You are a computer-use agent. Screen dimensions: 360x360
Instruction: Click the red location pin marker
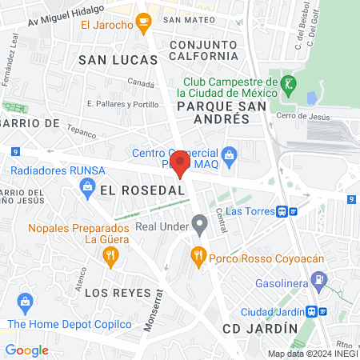tap(180, 162)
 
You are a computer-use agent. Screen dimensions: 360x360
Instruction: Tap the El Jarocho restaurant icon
tap(143, 22)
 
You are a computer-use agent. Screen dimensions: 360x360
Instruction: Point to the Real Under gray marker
tap(198, 226)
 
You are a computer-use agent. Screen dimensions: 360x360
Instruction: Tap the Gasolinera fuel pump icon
tap(319, 281)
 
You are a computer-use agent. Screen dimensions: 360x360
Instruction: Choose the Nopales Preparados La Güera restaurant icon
tap(110, 256)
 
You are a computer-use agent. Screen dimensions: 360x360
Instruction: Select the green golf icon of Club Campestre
tap(288, 83)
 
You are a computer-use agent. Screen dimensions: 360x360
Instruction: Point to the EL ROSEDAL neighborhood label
tap(143, 190)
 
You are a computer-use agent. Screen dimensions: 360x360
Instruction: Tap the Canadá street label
tap(141, 82)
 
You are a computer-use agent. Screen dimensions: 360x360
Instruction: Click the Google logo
tap(26, 350)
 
